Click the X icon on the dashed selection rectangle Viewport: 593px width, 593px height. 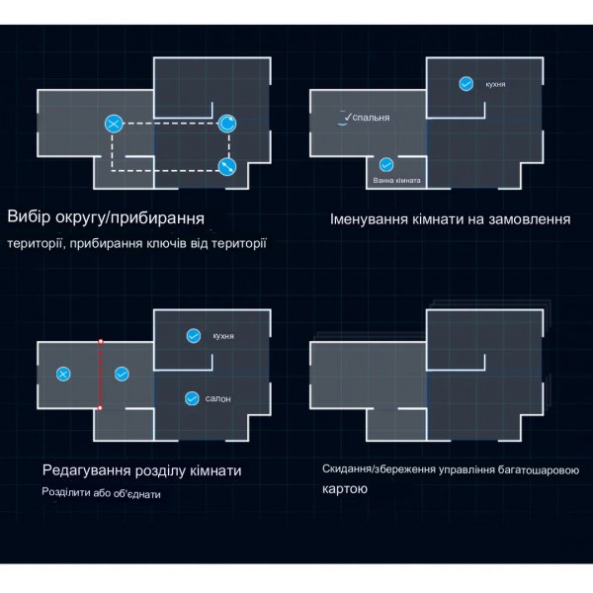pyautogui.click(x=114, y=124)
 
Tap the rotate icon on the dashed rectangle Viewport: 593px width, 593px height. pyautogui.click(x=227, y=124)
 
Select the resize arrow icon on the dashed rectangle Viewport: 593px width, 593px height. pyautogui.click(x=227, y=167)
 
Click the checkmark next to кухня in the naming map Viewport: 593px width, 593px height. pyautogui.click(x=466, y=84)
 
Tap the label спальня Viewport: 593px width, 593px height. pyautogui.click(x=371, y=118)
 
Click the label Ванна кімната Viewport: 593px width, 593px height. pyautogui.click(x=396, y=181)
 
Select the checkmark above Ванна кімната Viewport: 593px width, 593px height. pyautogui.click(x=386, y=164)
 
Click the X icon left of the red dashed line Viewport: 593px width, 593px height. pyautogui.click(x=63, y=374)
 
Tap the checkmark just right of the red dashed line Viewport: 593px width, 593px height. pyautogui.click(x=122, y=374)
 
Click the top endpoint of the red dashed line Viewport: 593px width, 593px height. pyautogui.click(x=100, y=342)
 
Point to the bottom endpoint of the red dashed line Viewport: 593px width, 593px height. pyautogui.click(x=100, y=407)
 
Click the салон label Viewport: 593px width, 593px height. pyautogui.click(x=217, y=398)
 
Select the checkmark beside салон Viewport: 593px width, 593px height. pyautogui.click(x=192, y=398)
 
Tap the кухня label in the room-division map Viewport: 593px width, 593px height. pyautogui.click(x=223, y=336)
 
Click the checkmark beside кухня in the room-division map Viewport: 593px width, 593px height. pyautogui.click(x=194, y=335)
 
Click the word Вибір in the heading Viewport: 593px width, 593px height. pyautogui.click(x=29, y=216)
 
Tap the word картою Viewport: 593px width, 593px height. pyautogui.click(x=345, y=488)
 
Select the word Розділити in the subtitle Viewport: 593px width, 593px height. pyautogui.click(x=66, y=492)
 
